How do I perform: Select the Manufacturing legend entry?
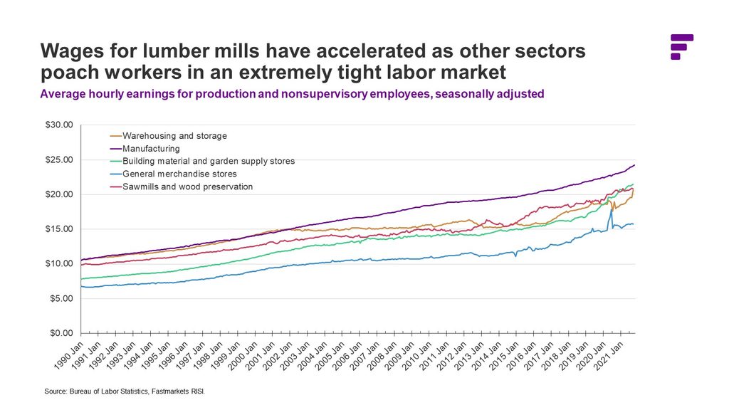tap(151, 148)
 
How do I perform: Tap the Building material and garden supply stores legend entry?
tap(208, 161)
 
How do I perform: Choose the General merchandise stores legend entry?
tap(179, 174)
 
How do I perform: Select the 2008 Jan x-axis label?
tap(382, 354)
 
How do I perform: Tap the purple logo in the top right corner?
tap(681, 46)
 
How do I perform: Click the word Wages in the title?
tap(70, 52)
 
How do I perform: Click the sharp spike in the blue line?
tap(611, 210)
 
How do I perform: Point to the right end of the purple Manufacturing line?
tap(634, 165)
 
